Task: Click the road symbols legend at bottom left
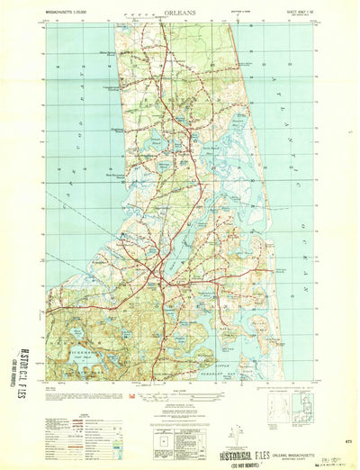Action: click(x=67, y=420)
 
